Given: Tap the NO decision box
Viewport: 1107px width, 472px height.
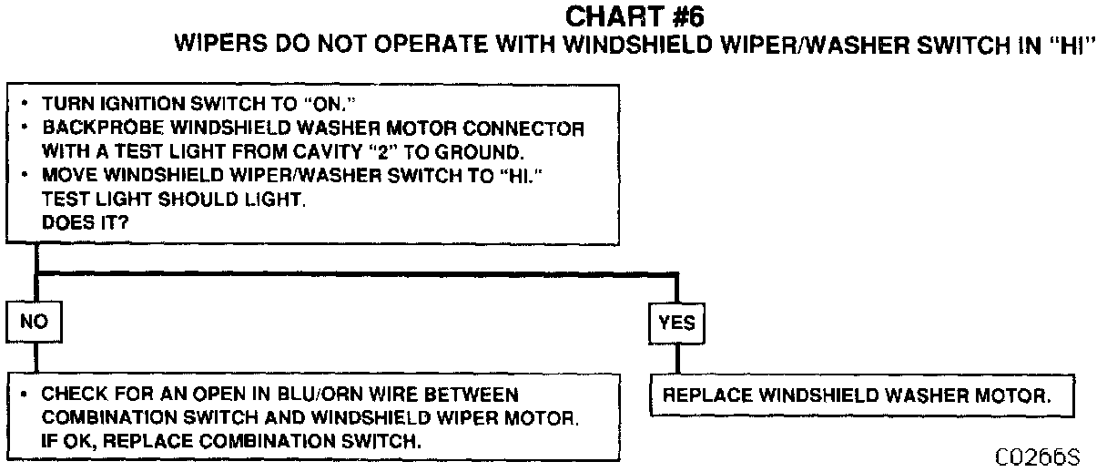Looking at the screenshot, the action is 34,322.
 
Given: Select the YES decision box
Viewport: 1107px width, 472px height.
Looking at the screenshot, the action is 676,323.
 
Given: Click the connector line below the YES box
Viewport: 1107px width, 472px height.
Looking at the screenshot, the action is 676,357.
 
